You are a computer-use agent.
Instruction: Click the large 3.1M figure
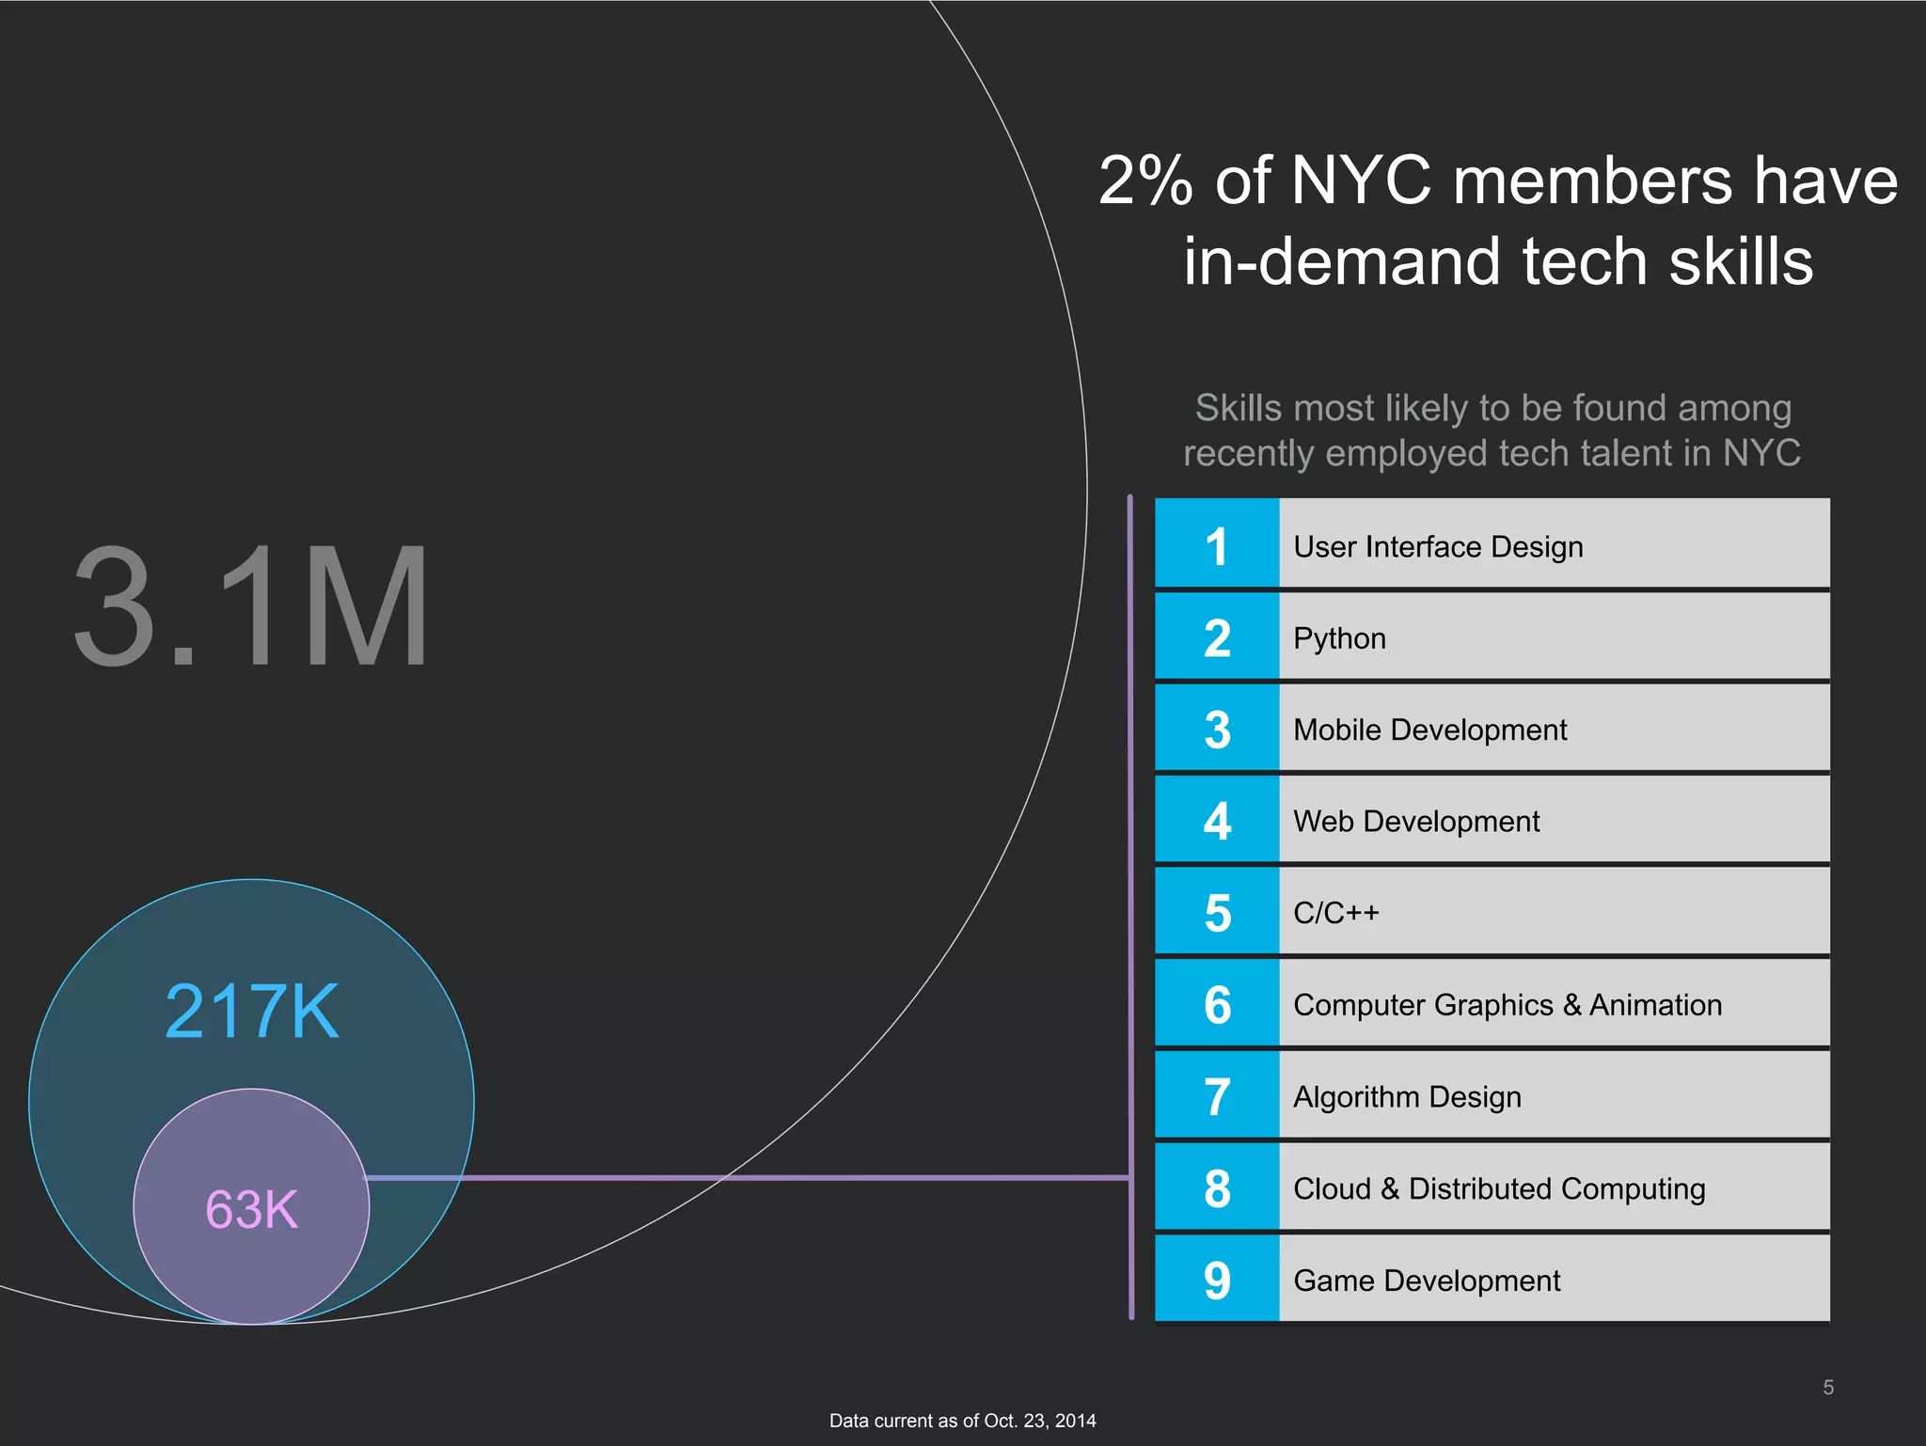click(x=252, y=607)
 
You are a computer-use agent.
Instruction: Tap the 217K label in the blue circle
click(x=252, y=1012)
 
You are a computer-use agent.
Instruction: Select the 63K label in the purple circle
click(x=252, y=1209)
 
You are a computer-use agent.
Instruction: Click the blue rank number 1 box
click(x=1217, y=545)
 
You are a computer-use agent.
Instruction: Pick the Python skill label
click(x=1339, y=638)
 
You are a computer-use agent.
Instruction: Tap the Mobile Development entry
click(x=1429, y=730)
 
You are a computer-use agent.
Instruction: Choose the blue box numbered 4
click(x=1217, y=821)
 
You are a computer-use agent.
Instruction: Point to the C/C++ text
click(x=1335, y=913)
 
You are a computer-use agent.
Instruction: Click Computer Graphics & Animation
click(x=1508, y=1005)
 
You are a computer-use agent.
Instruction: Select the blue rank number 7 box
click(x=1217, y=1096)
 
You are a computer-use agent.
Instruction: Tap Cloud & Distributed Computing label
click(x=1499, y=1188)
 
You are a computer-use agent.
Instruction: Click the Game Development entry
click(x=1427, y=1281)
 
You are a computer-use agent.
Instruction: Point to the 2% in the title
click(x=1145, y=181)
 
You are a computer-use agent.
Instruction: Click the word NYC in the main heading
click(x=1361, y=181)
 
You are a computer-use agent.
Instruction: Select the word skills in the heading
click(x=1741, y=262)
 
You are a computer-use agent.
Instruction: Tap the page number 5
click(x=1828, y=1388)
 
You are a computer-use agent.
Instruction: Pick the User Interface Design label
click(x=1438, y=547)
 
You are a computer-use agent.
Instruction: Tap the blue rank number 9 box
click(x=1217, y=1280)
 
